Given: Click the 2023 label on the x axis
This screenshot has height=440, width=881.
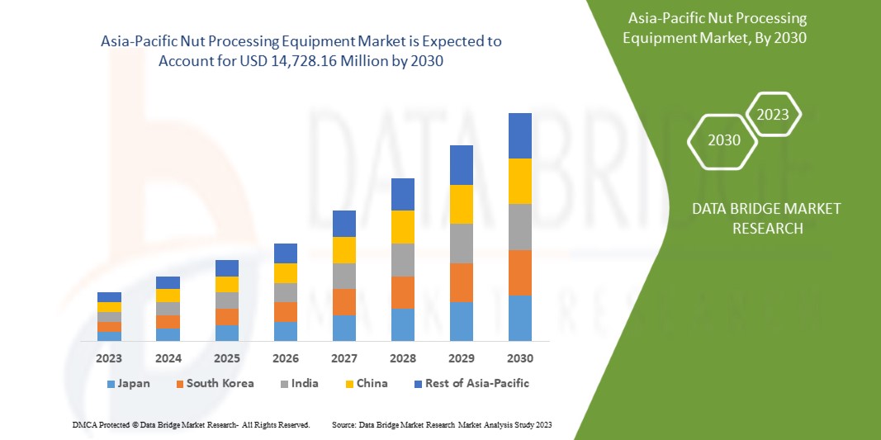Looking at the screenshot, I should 109,358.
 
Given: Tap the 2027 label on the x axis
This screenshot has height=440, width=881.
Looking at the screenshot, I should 344,358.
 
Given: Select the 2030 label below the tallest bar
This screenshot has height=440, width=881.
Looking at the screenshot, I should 520,358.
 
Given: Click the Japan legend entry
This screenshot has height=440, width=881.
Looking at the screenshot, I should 128,383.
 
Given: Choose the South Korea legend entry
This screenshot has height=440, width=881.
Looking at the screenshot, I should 214,383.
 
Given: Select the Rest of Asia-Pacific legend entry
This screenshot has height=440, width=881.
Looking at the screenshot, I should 471,383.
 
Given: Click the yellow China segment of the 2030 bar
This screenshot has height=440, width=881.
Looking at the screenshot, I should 520,181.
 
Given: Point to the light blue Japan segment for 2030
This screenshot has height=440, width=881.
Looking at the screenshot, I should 520,318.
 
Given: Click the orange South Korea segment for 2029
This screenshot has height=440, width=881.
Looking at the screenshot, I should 462,282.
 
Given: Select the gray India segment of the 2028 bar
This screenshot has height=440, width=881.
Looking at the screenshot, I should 403,259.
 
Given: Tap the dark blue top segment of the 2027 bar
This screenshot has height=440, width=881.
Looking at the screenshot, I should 344,224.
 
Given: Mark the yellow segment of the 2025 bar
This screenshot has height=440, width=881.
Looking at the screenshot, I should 227,284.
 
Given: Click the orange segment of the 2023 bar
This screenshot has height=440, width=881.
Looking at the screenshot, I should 109,327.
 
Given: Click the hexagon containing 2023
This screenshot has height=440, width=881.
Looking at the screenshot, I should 773,115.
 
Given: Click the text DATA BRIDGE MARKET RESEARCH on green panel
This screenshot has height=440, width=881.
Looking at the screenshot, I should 767,218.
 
